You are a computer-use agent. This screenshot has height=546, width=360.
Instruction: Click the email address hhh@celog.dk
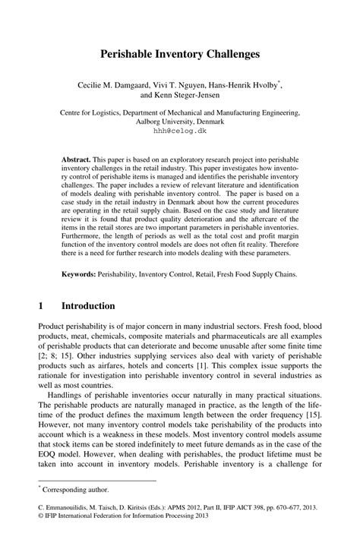point(180,131)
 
